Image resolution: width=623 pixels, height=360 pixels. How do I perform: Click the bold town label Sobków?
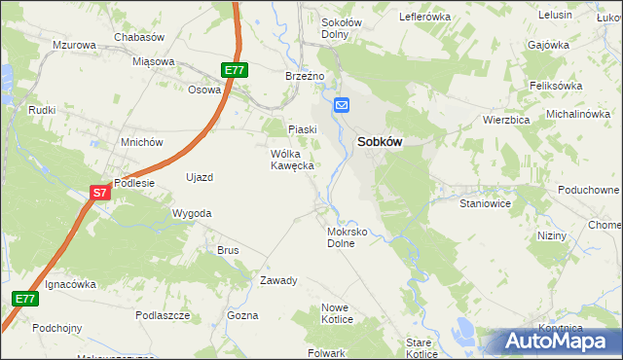pos(381,141)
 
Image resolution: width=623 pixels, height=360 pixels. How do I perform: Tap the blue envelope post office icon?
pos(342,105)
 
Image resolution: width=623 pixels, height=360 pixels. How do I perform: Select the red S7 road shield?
pos(100,193)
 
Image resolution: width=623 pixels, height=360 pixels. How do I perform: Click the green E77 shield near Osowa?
pos(235,70)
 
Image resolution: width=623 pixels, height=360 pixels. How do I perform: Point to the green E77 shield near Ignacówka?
pos(25,299)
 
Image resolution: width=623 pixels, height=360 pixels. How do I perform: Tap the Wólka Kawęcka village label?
pos(291,160)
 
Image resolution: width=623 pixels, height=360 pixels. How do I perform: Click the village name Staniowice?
pos(486,205)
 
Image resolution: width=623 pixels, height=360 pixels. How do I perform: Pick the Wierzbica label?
pos(505,120)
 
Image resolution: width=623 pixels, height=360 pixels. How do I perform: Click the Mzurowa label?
pos(75,46)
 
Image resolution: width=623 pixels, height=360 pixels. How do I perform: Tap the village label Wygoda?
pos(191,212)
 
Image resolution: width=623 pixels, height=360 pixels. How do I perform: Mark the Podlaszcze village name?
pos(163,315)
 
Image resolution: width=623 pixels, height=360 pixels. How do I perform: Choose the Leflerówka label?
pos(425,18)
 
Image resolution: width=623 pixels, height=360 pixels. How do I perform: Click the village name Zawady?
pos(278,280)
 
